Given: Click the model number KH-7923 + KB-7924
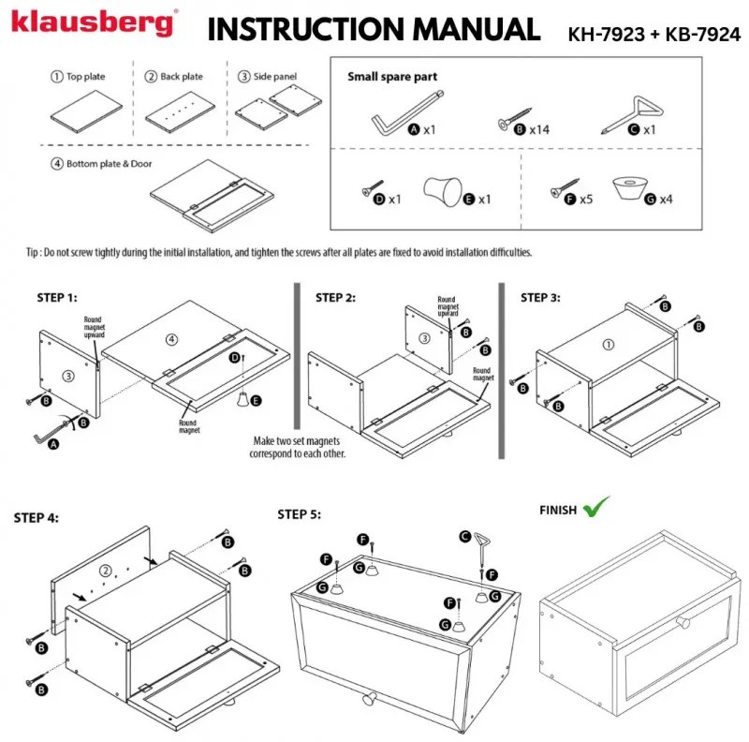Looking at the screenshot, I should (654, 34).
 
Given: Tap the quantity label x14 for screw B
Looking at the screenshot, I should (538, 129).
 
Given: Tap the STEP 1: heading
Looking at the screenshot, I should (57, 298).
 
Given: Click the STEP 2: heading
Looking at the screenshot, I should (335, 298).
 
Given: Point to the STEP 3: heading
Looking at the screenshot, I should (540, 298).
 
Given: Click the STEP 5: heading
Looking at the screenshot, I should (300, 514).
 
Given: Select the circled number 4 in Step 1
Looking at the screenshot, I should (170, 337).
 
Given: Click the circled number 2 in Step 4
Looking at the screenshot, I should (106, 570).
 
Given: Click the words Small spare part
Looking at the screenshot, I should (392, 77).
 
